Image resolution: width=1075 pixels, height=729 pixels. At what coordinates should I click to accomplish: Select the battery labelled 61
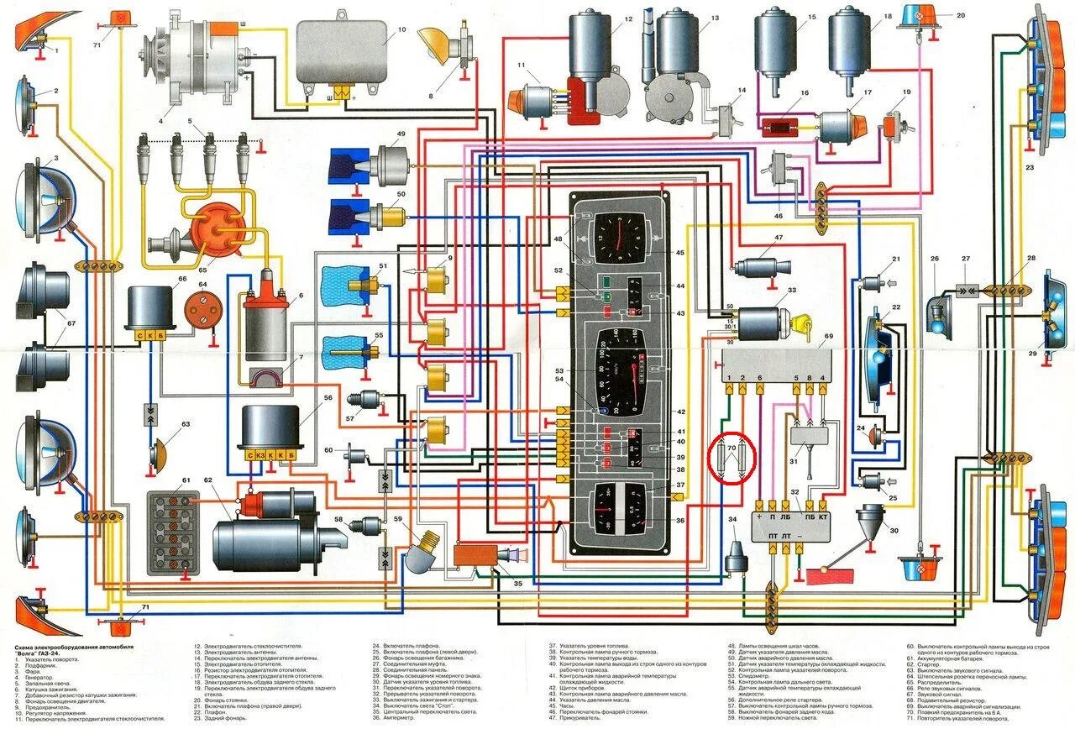tap(173, 533)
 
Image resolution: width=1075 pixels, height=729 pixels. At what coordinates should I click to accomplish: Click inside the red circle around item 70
tap(732, 459)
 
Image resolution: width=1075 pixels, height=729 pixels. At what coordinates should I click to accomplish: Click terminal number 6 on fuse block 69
tap(759, 378)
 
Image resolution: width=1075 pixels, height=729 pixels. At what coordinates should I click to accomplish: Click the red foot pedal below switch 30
tap(829, 576)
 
